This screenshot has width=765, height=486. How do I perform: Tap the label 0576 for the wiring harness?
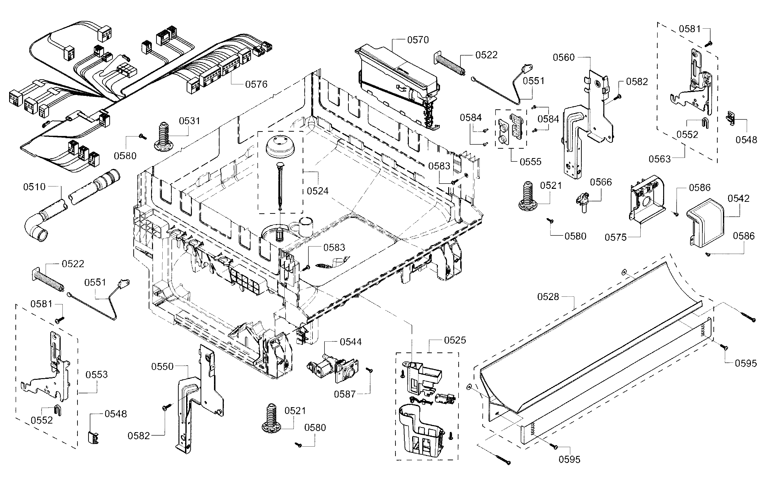[x=256, y=84]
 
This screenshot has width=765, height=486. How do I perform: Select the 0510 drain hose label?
[x=34, y=187]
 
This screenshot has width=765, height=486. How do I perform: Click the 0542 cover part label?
[x=738, y=198]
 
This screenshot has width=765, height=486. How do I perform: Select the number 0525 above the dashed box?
[x=455, y=340]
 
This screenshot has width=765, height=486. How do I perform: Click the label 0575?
[x=615, y=237]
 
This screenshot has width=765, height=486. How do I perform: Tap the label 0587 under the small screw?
[x=344, y=394]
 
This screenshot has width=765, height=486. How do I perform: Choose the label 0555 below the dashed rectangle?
[x=530, y=161]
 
